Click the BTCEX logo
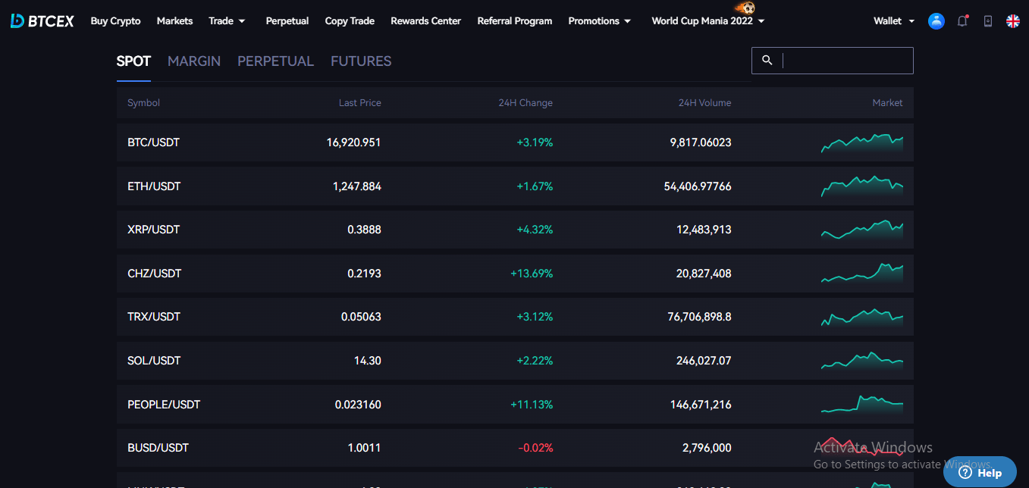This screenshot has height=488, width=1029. pyautogui.click(x=42, y=21)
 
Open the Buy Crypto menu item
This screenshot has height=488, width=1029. pyautogui.click(x=115, y=21)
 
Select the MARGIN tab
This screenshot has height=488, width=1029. pyautogui.click(x=194, y=61)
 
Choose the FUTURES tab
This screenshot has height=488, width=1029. pyautogui.click(x=361, y=61)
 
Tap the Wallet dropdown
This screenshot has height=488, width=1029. pyautogui.click(x=893, y=21)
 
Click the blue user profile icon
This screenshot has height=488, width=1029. pyautogui.click(x=936, y=21)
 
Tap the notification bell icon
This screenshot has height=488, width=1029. pyautogui.click(x=962, y=21)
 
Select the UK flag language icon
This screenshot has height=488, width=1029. pyautogui.click(x=1013, y=21)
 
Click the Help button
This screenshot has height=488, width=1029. pyautogui.click(x=980, y=473)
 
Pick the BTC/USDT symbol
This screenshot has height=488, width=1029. pyautogui.click(x=153, y=142)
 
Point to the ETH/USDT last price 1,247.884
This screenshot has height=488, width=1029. pyautogui.click(x=356, y=186)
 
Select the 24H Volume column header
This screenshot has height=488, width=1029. pyautogui.click(x=704, y=103)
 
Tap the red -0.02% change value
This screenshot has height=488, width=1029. pyautogui.click(x=535, y=448)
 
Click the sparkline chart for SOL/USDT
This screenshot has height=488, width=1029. pyautogui.click(x=862, y=361)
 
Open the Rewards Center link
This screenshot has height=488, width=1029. pyautogui.click(x=425, y=21)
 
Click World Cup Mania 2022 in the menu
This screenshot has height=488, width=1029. pyautogui.click(x=702, y=21)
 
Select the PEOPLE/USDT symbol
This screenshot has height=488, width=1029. pyautogui.click(x=164, y=405)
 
